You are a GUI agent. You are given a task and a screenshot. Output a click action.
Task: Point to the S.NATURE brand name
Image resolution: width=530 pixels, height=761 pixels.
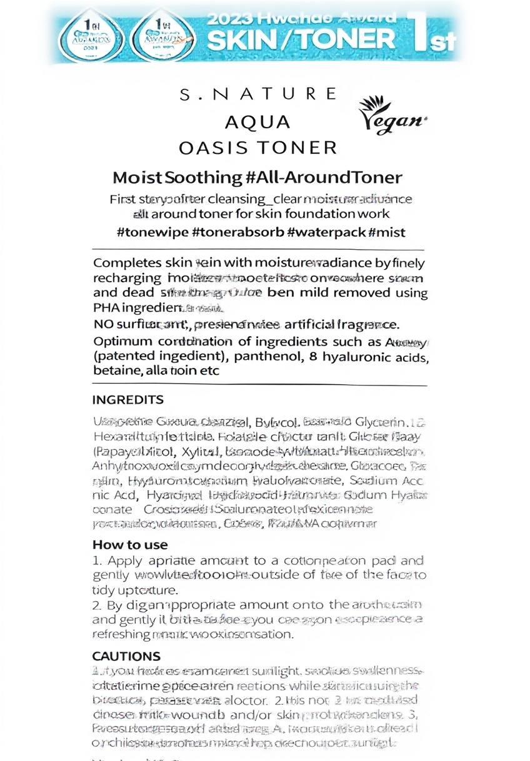(257, 94)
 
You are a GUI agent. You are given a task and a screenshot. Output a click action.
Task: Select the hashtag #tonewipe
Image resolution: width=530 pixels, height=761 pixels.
(152, 232)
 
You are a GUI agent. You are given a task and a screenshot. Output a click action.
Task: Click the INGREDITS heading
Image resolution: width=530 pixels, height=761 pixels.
(127, 399)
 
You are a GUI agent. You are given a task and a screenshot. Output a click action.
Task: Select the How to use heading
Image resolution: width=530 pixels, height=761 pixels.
(130, 544)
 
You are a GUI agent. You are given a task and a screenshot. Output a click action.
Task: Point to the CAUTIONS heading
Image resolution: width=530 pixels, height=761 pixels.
(126, 656)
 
